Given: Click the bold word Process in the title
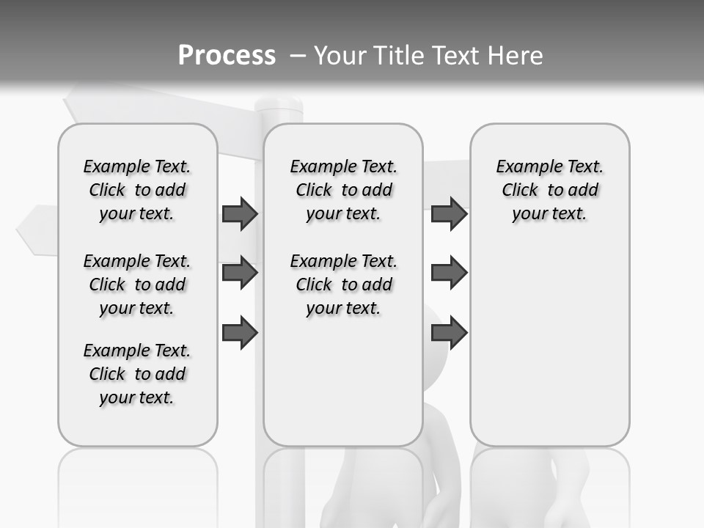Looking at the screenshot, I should [227, 55].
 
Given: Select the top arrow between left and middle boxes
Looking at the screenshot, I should [240, 213].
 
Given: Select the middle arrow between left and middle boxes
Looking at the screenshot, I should [240, 273].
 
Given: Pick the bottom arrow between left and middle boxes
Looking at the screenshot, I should [240, 332].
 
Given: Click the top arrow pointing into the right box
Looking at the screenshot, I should [449, 213].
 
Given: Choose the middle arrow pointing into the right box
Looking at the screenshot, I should [449, 273].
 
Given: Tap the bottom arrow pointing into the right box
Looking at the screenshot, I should [449, 332].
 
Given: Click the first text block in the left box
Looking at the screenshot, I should [137, 190].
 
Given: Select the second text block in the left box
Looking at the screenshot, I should [137, 285].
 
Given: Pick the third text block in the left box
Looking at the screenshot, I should [137, 374].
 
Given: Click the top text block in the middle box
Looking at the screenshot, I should [343, 190].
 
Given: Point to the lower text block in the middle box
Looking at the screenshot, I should [343, 285].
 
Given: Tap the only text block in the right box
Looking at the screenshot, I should [549, 190].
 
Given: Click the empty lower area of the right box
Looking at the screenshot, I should [549, 345].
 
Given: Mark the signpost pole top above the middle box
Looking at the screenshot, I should [279, 109].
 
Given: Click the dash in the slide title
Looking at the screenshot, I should [297, 56].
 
